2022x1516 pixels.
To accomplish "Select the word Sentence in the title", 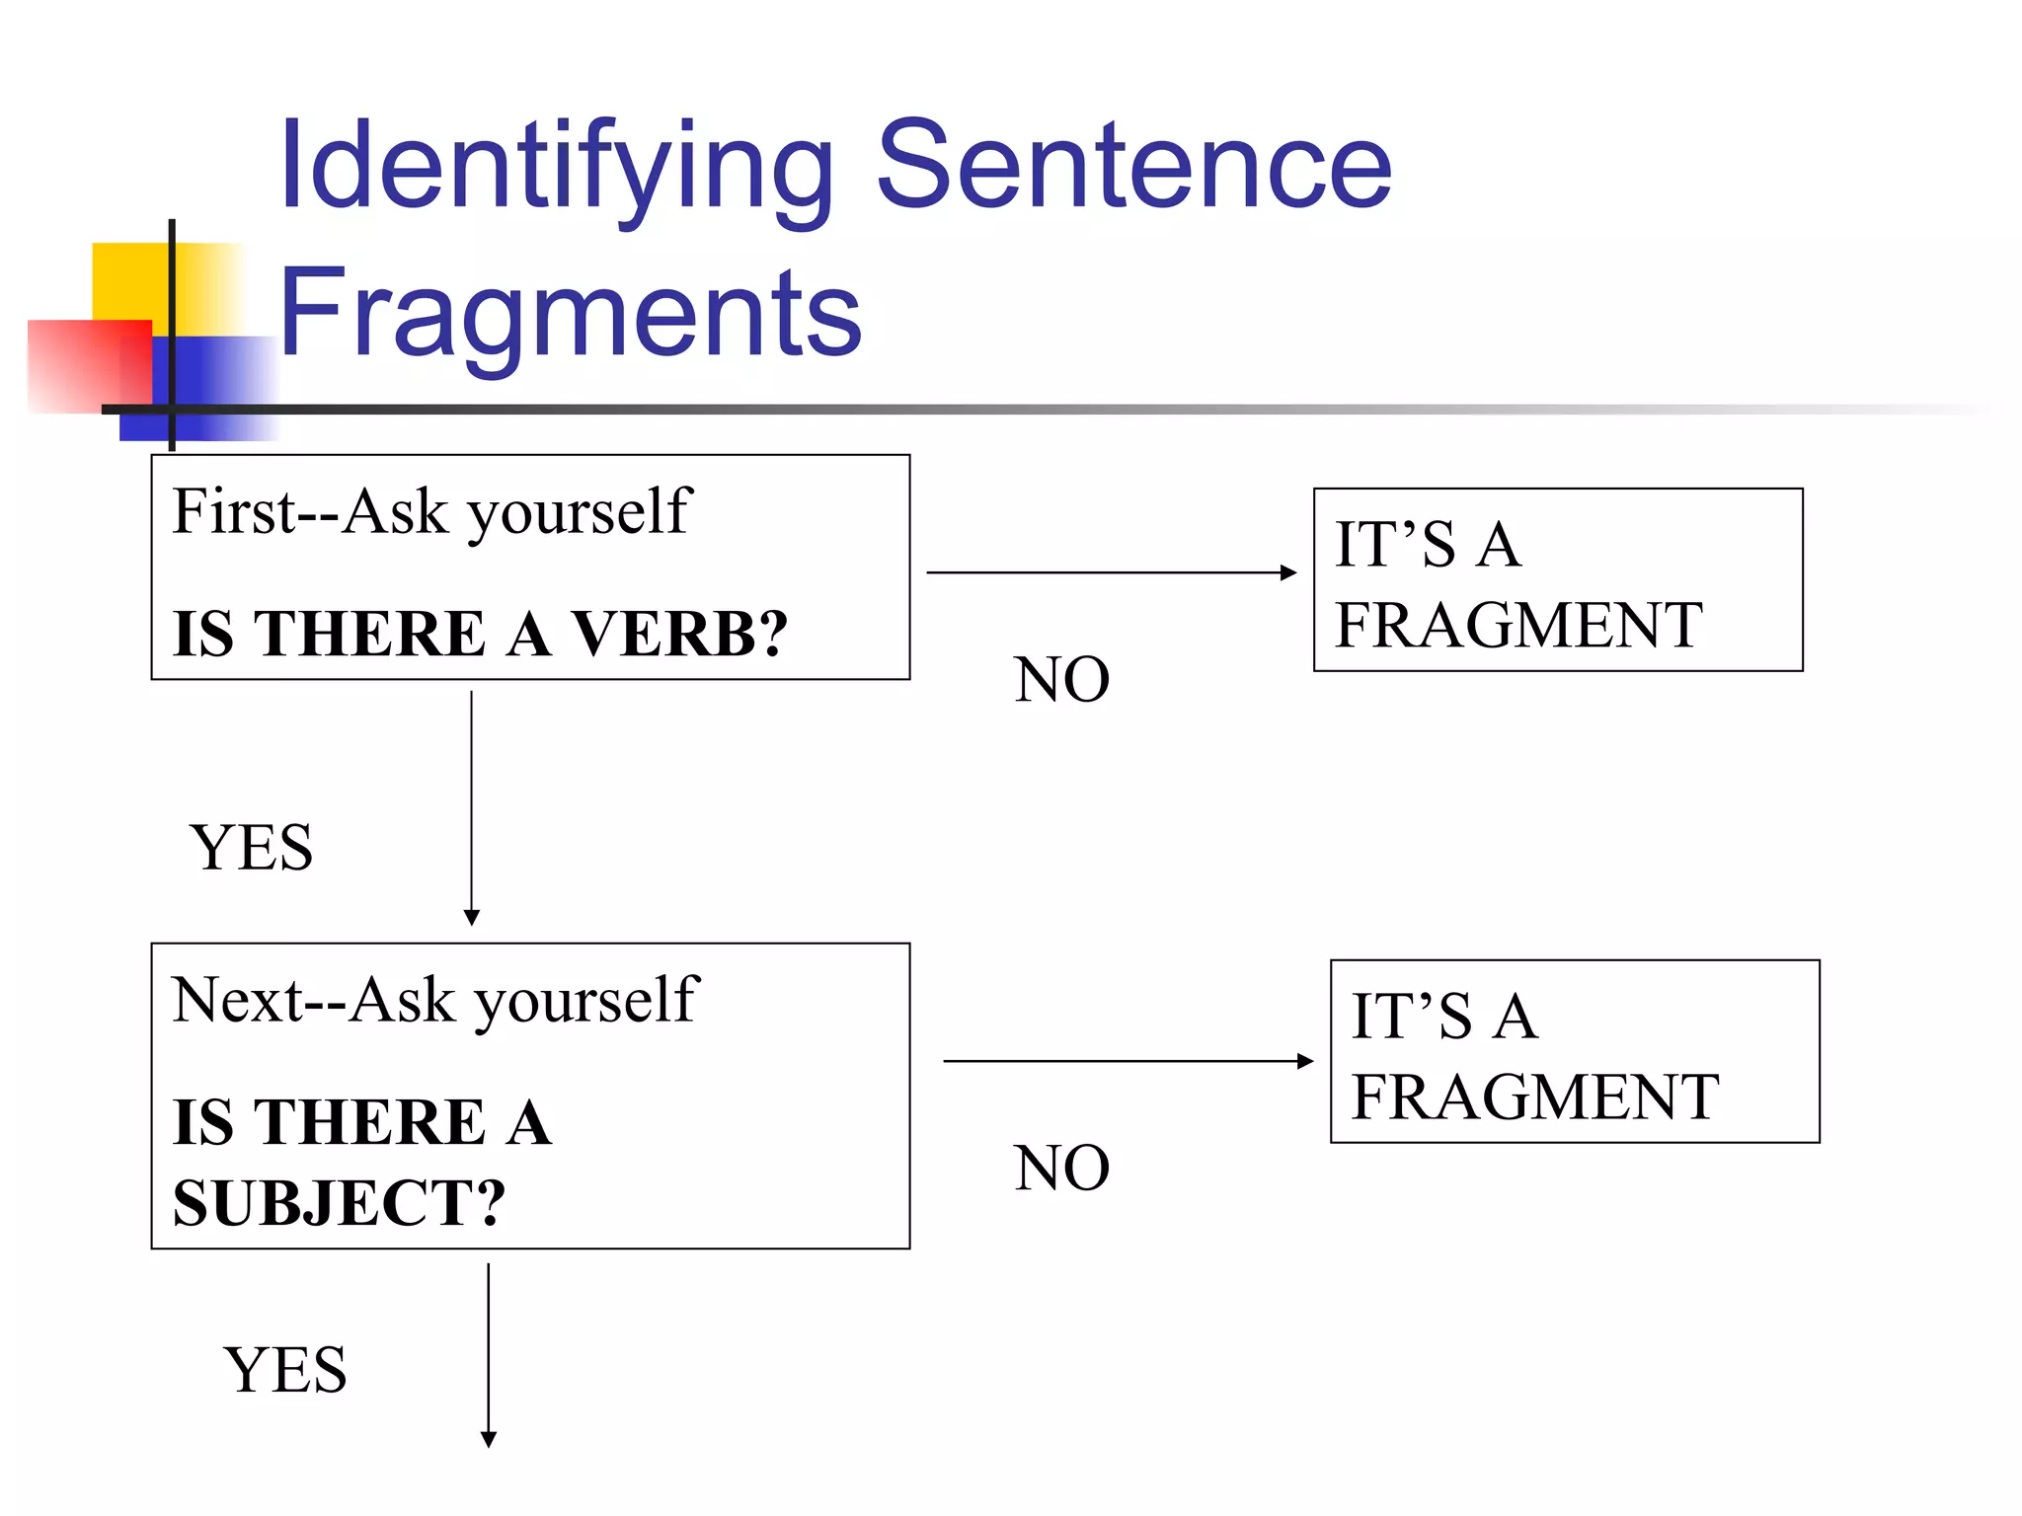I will coord(1132,166).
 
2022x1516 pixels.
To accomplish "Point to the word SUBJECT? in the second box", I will coord(339,1203).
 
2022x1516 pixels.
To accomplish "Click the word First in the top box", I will coord(234,512).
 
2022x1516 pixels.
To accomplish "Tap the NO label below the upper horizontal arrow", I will coord(1061,680).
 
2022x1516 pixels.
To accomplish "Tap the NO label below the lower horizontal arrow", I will coord(1061,1169).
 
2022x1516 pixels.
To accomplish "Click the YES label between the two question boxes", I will coord(252,848).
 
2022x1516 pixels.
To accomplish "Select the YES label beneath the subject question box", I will coord(285,1370).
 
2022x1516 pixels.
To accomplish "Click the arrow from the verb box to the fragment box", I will coord(1111,572).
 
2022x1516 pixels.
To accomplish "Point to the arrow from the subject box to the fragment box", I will coord(1128,1061).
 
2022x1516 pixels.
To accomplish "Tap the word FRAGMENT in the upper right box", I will coord(1518,626).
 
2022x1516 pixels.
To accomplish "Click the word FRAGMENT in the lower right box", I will coord(1535,1098).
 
